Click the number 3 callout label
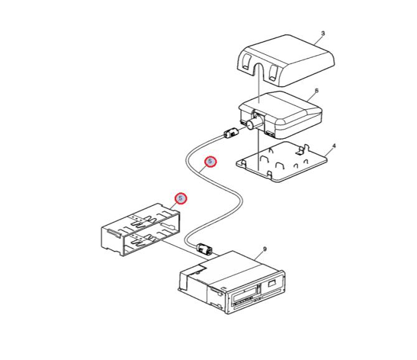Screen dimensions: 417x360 click(323, 34)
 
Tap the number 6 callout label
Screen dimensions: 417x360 click(316, 91)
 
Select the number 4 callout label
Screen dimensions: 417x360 click(334, 146)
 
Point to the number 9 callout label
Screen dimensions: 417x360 click(265, 249)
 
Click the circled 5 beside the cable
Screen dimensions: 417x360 click(210, 161)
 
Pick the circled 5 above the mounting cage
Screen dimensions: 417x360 click(181, 199)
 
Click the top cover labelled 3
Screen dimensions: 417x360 click(285, 60)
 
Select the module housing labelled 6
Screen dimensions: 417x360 click(281, 115)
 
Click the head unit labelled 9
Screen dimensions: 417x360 click(232, 282)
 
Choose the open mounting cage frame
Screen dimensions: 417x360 click(141, 229)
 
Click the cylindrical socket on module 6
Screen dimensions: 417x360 click(254, 121)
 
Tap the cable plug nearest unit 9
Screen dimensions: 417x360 click(205, 249)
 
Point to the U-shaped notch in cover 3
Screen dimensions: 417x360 click(258, 71)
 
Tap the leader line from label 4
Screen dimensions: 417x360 click(329, 153)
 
